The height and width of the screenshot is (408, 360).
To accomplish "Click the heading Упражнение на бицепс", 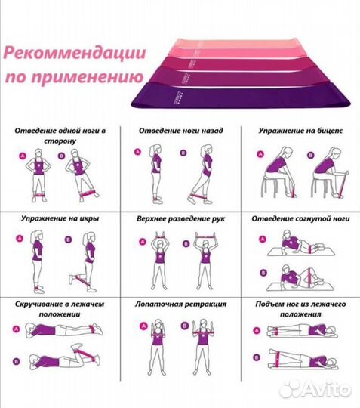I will tap(299, 130).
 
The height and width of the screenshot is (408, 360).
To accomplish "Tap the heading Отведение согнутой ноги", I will tap(300, 218).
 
